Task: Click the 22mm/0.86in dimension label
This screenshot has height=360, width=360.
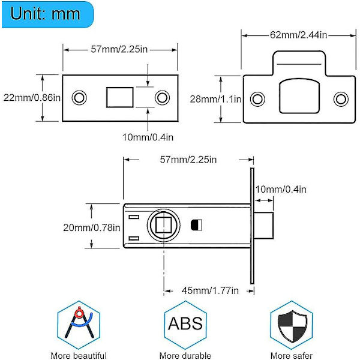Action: (31, 97)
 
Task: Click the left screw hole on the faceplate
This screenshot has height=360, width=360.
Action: (79, 97)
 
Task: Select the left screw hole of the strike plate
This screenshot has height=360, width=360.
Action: (257, 98)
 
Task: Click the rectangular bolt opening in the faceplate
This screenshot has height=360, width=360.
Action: (119, 97)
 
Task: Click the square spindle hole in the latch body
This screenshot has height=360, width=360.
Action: (163, 226)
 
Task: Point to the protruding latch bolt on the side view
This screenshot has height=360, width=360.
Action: (265, 226)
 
